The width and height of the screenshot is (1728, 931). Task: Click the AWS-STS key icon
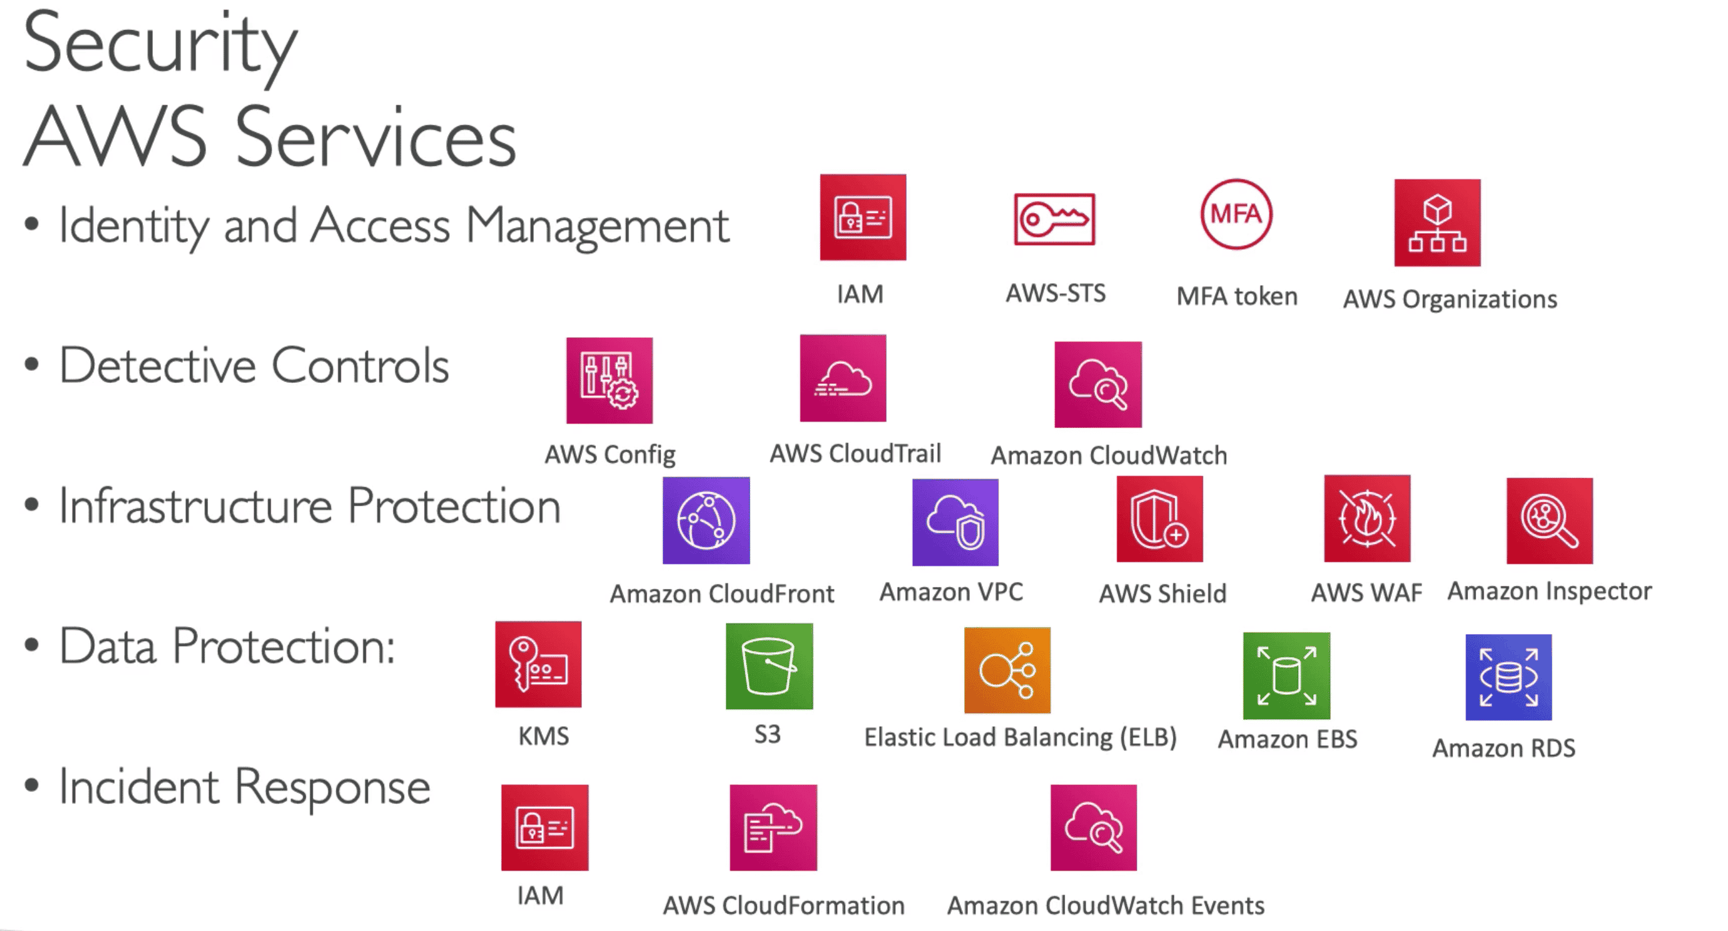pyautogui.click(x=1054, y=219)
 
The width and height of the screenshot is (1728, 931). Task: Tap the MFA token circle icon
pyautogui.click(x=1236, y=214)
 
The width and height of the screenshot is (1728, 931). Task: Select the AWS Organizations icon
pyautogui.click(x=1437, y=222)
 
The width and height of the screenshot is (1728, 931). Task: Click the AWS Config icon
pyautogui.click(x=609, y=380)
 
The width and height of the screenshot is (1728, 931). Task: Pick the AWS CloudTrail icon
pyautogui.click(x=843, y=378)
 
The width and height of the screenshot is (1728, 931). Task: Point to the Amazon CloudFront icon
pyautogui.click(x=705, y=521)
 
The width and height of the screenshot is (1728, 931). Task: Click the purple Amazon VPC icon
pyautogui.click(x=955, y=523)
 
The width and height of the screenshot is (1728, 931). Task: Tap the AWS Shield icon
pyautogui.click(x=1159, y=519)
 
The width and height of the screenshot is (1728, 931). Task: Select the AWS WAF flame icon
pyautogui.click(x=1366, y=519)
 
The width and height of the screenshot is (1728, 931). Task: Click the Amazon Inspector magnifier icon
pyautogui.click(x=1549, y=521)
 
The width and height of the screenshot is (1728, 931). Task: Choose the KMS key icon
pyautogui.click(x=538, y=664)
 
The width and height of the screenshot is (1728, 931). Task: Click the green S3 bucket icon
pyautogui.click(x=769, y=666)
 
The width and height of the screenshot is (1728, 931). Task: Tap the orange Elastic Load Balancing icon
pyautogui.click(x=1007, y=670)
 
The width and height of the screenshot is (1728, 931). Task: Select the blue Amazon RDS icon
pyautogui.click(x=1508, y=677)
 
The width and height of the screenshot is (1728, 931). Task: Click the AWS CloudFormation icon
pyautogui.click(x=773, y=828)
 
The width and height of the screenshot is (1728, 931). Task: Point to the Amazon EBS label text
pyautogui.click(x=1287, y=739)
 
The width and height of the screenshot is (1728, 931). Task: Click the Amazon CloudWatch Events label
pyautogui.click(x=1105, y=905)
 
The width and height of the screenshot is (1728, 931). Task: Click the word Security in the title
pyautogui.click(x=160, y=44)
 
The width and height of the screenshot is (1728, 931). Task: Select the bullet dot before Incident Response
pyautogui.click(x=31, y=785)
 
